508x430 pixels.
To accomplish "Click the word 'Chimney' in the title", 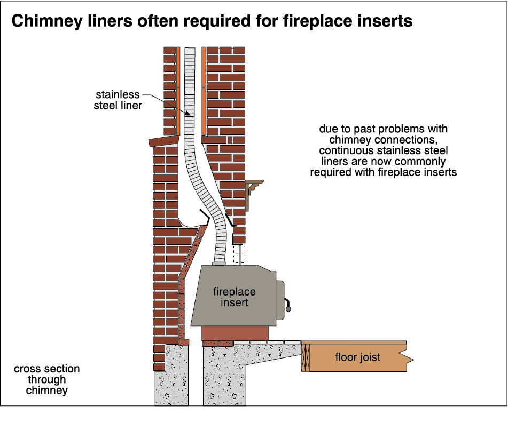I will pyautogui.click(x=43, y=21).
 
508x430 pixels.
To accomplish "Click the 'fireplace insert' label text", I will pyautogui.click(x=234, y=297).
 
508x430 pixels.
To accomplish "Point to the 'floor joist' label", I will pyautogui.click(x=358, y=357).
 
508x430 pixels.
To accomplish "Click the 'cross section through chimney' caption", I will pyautogui.click(x=47, y=379).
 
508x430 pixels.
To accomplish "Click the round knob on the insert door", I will pyautogui.click(x=289, y=308).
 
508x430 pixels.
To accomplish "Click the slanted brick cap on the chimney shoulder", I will pyautogui.click(x=162, y=141).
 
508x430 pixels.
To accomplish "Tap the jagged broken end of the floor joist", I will pyautogui.click(x=407, y=356).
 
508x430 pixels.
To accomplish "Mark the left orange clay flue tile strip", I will pyautogui.click(x=178, y=91).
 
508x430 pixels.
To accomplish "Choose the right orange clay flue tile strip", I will pyautogui.click(x=204, y=91).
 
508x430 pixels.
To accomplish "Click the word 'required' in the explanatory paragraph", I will pyautogui.click(x=335, y=172).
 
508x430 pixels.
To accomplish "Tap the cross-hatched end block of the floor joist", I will pyautogui.click(x=306, y=357).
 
